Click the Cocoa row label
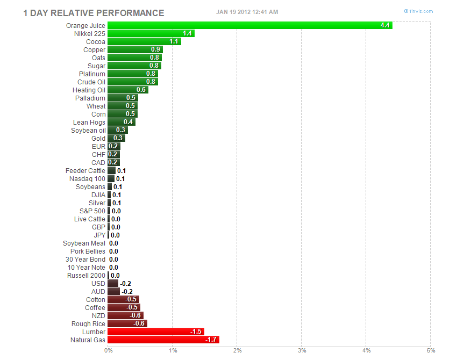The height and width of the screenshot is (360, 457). [x=96, y=41]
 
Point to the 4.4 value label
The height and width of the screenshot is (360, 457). [x=385, y=25]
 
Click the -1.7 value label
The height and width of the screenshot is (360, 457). [x=211, y=340]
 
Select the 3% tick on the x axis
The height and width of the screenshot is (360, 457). [x=302, y=351]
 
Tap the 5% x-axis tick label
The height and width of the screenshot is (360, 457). [x=431, y=351]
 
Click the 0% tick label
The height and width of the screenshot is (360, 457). [x=109, y=351]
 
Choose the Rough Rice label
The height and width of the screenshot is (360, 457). [x=88, y=323]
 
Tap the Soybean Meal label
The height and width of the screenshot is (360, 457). [x=84, y=243]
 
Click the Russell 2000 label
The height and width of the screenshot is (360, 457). [x=86, y=275]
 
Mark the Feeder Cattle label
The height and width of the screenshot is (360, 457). [x=85, y=170]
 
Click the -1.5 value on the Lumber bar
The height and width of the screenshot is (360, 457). [x=196, y=332]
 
